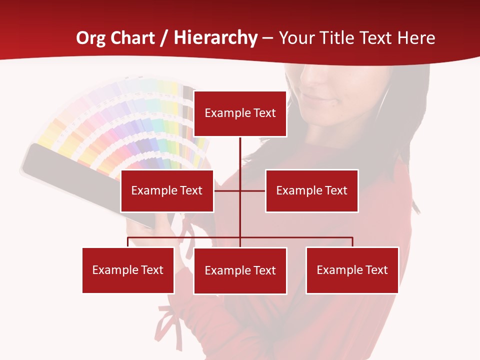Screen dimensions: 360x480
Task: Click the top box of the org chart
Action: pos(240,113)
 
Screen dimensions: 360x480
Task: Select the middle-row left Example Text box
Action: pos(167,190)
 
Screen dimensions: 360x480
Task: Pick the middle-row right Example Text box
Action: pos(311,190)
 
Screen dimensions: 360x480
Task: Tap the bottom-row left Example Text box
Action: pos(128,270)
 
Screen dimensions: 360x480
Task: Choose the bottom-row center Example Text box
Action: pos(240,270)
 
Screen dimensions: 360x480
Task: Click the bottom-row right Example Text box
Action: pos(352,270)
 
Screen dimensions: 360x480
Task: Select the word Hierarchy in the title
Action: pos(215,38)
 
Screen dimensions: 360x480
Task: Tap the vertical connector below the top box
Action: pos(240,155)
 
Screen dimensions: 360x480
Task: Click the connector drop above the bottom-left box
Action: pos(128,242)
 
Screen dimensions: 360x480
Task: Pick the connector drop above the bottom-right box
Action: pos(352,242)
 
